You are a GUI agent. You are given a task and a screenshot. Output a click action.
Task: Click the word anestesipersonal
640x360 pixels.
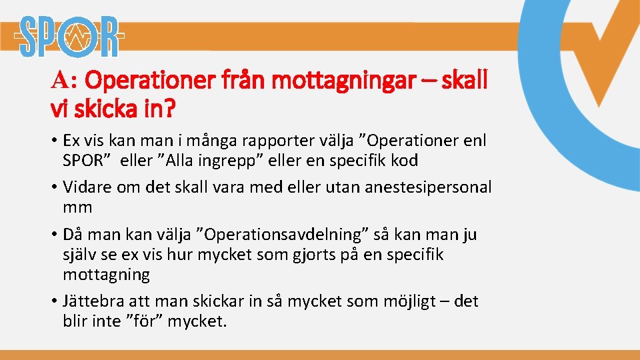point(427,187)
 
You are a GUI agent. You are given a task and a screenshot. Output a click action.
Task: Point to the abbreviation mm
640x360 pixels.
point(77,207)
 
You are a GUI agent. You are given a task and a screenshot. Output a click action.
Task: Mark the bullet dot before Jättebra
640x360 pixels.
point(53,301)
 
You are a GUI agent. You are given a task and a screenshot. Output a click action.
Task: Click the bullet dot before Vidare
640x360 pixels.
point(53,187)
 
